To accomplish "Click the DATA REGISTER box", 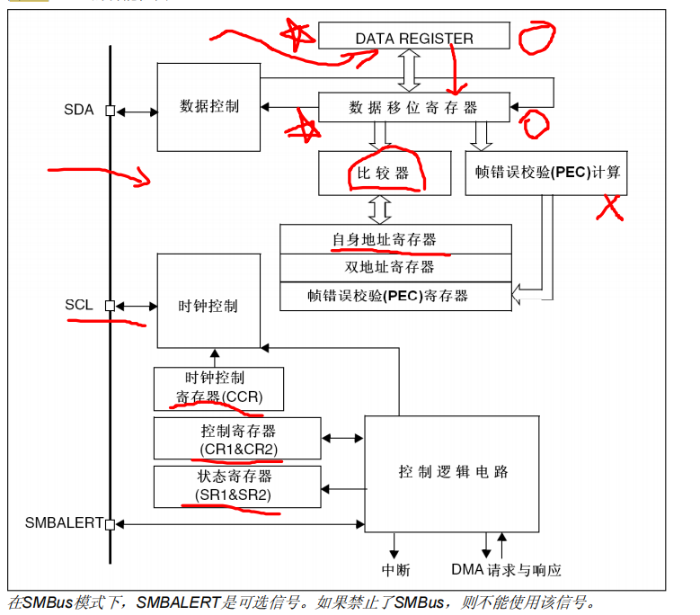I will coord(414,38).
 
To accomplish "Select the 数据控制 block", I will coord(209,106).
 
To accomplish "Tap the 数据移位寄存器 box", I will coord(413,108).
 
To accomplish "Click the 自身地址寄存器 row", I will coord(395,240).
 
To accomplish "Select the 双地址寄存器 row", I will coord(395,267).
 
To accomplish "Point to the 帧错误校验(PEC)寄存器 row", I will coord(395,295).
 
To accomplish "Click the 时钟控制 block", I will coord(208,306).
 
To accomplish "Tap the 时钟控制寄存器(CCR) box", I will coord(218,388).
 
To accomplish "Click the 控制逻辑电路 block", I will coord(451,472).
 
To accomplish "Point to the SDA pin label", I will coord(78,111).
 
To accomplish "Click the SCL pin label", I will coord(78,305).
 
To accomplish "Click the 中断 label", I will coord(395,570).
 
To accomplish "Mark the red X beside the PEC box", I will coord(610,208).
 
